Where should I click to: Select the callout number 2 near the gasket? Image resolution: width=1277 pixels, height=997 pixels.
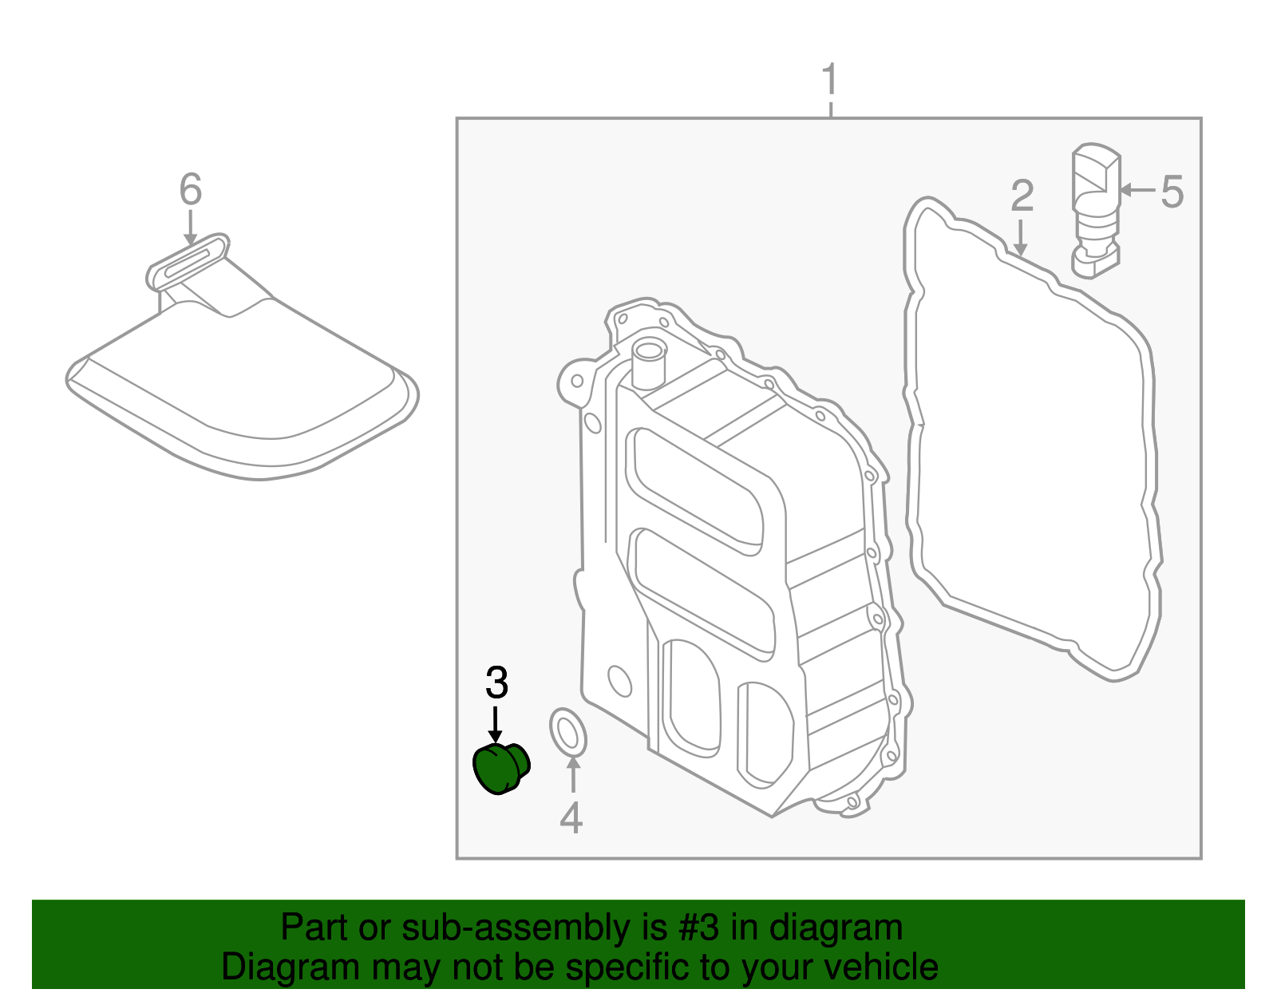coord(1022,196)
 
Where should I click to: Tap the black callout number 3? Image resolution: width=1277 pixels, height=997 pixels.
coord(496,683)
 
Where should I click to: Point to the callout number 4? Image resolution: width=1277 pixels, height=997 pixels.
coord(571,817)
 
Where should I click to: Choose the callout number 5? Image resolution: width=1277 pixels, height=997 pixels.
coord(1172,192)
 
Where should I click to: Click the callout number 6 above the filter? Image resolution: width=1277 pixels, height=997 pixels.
coord(191,190)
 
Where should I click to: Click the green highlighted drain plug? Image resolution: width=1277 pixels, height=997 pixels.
coord(500,768)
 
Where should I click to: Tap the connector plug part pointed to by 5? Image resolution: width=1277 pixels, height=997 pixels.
coord(1094,209)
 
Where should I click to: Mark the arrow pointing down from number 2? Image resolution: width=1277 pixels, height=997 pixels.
coord(1020,238)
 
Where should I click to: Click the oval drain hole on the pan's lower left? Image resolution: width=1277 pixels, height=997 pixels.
coord(619,681)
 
